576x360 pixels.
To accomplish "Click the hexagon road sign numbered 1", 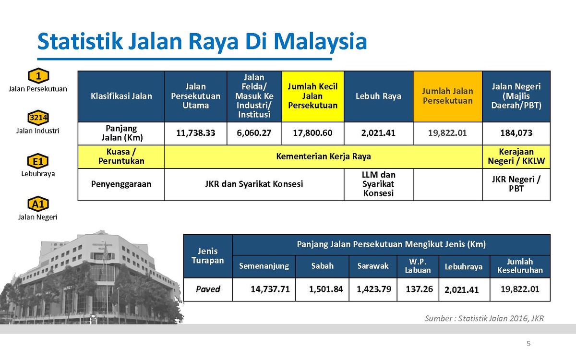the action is click(38, 76).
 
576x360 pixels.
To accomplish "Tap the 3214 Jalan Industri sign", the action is click(38, 118).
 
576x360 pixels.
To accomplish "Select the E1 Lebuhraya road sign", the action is click(38, 161).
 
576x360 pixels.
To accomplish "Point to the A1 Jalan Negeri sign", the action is click(38, 204).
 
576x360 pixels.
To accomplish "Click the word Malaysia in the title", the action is click(320, 42).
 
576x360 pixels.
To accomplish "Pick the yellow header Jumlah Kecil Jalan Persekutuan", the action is click(312, 96).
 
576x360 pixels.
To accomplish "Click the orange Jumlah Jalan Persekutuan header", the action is click(448, 96).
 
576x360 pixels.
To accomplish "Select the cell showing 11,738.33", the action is click(196, 133).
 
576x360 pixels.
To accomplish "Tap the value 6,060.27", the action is click(254, 133).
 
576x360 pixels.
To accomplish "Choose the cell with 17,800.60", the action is click(312, 133).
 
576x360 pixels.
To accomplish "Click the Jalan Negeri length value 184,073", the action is click(516, 133).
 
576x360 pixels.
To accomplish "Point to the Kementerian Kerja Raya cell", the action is click(324, 156).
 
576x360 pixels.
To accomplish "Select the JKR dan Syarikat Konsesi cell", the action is click(254, 184).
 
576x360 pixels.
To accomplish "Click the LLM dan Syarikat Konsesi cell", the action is click(379, 184).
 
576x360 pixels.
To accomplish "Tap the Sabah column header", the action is click(323, 266).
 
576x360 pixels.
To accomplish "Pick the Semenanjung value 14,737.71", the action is click(270, 289).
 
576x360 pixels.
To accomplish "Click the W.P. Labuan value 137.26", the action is click(420, 289).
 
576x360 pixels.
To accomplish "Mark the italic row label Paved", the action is click(208, 289).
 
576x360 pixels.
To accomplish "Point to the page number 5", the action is click(528, 344).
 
